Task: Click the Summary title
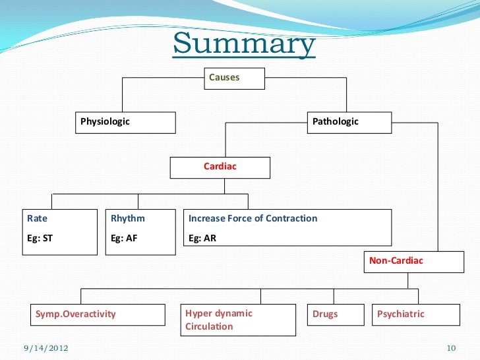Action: [x=244, y=45]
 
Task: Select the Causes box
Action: [x=234, y=78]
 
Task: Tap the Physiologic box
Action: [x=125, y=122]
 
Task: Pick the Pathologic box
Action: [x=349, y=122]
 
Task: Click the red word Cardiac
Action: [x=220, y=167]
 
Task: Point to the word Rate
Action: [x=37, y=218]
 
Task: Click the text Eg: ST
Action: [x=40, y=239]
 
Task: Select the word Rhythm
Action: [x=128, y=218]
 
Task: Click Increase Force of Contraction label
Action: [x=253, y=218]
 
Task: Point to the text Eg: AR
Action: [x=202, y=239]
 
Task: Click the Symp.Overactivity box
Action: [x=97, y=315]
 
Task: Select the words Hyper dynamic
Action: [x=219, y=313]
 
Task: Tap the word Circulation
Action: [x=209, y=326]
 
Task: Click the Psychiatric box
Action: [x=416, y=315]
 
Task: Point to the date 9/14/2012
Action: [x=45, y=347]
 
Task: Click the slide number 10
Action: [x=452, y=347]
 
